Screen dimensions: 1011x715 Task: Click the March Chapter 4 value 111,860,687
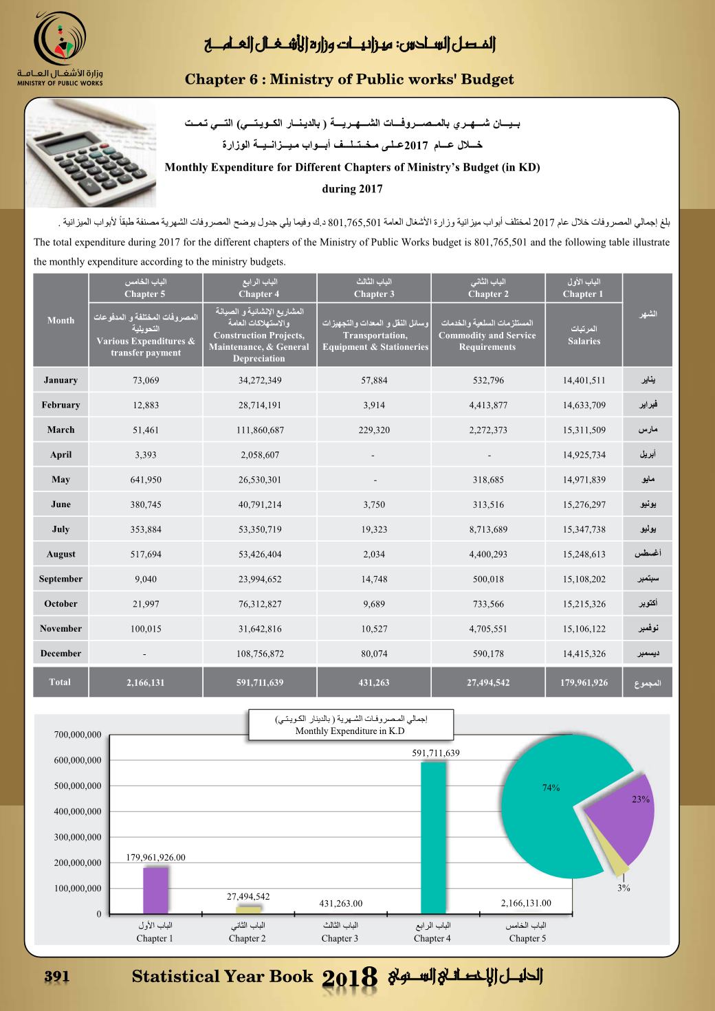coord(260,430)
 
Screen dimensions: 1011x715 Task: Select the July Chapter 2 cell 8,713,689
coord(488,529)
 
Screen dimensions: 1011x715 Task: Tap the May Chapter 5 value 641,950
coord(146,480)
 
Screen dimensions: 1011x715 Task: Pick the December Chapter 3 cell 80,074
coord(375,654)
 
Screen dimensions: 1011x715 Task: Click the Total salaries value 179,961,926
coord(584,683)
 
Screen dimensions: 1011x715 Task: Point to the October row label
coord(60,604)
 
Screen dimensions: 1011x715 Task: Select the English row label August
coord(60,554)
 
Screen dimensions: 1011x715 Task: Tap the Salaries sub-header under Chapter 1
coord(584,335)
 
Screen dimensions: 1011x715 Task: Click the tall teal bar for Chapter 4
coord(432,838)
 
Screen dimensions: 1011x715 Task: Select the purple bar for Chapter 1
coord(155,890)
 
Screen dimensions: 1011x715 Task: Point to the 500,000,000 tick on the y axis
coord(78,786)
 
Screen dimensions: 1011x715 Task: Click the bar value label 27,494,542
coord(248,896)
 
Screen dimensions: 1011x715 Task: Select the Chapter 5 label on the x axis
coord(527,938)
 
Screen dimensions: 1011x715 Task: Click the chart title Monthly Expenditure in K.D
coord(350,731)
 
